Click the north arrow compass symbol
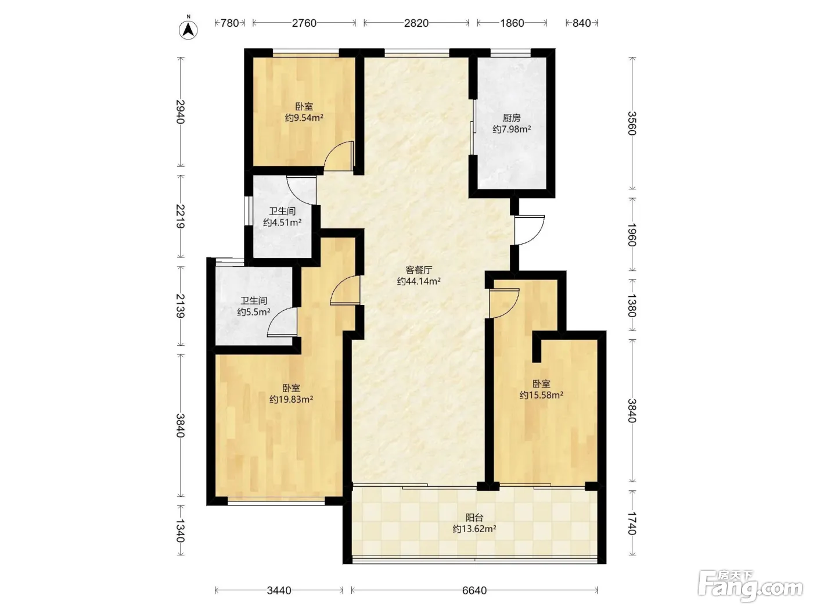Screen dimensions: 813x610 (x=188, y=29)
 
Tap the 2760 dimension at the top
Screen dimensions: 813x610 (x=304, y=23)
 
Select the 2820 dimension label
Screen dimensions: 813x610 (x=416, y=23)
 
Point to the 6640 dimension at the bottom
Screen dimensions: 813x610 (x=474, y=590)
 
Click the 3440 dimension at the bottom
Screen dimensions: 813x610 (x=279, y=590)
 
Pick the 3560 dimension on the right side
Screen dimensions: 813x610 (x=632, y=123)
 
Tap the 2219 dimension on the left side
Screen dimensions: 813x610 (x=181, y=216)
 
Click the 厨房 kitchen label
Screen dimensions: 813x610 (x=512, y=118)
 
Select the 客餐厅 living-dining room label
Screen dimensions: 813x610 (x=419, y=270)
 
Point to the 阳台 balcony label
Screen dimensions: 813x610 (x=474, y=518)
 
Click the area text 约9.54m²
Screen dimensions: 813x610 (x=304, y=118)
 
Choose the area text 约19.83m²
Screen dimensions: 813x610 (x=291, y=399)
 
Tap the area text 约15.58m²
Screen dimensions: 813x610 (x=541, y=395)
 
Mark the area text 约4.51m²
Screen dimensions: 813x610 (x=282, y=223)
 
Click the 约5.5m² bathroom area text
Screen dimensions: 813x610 (x=254, y=312)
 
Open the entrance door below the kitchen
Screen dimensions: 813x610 (x=529, y=230)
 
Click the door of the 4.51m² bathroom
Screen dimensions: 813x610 (x=301, y=190)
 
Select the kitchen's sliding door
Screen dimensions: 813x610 (x=473, y=127)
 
